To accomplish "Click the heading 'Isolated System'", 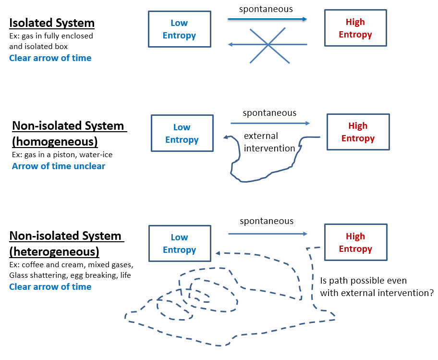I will (x=52, y=23).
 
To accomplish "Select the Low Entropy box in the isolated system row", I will (x=179, y=29).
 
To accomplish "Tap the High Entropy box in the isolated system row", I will (x=355, y=28).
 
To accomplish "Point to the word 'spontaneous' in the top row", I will (x=266, y=9).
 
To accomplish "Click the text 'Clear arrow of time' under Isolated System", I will (x=50, y=58).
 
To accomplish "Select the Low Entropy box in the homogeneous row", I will (x=182, y=134).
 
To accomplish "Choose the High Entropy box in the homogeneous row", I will (x=358, y=132).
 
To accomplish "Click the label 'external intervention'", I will (x=269, y=142).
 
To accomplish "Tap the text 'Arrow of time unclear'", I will (x=59, y=166).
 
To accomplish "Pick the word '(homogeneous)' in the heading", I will (x=55, y=142).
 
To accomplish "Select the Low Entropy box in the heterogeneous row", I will (x=179, y=244).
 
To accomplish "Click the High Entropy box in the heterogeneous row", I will (x=355, y=243).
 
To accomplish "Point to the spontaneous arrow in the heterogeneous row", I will (x=268, y=234).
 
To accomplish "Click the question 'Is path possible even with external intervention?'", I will (x=377, y=286).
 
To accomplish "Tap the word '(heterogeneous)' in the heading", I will (x=54, y=251).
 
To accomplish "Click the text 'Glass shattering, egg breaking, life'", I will (x=70, y=275).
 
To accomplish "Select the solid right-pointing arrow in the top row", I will (x=267, y=19).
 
